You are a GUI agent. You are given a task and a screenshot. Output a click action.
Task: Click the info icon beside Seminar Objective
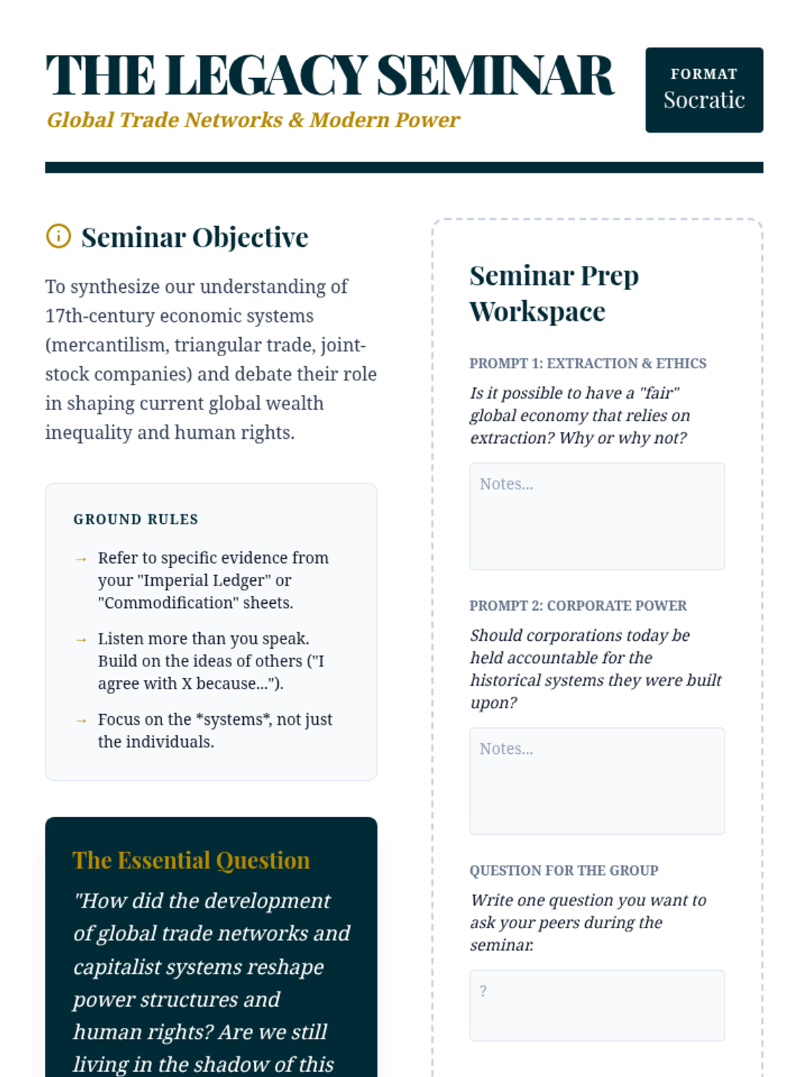coord(59,236)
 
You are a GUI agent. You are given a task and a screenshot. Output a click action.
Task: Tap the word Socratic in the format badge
coord(704,100)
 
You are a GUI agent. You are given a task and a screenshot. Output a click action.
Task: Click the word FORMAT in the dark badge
coord(704,73)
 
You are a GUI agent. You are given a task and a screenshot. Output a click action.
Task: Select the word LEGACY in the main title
coord(267,75)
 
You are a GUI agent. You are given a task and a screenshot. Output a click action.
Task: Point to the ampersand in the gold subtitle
coord(296,120)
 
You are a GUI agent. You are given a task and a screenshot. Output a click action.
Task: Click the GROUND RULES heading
coord(136,519)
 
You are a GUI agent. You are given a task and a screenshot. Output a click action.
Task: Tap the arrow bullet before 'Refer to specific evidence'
coord(81,559)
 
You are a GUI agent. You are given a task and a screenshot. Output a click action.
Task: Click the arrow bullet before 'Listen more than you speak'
coord(81,639)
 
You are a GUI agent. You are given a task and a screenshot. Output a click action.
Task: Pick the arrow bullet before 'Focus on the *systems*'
coord(81,720)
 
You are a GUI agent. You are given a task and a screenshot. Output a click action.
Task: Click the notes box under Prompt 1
coord(597,516)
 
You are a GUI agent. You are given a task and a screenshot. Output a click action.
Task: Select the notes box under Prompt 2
coord(597,780)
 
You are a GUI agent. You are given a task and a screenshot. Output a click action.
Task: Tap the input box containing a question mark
coord(597,1005)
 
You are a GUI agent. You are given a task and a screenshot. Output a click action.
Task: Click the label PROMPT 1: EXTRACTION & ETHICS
coord(587,363)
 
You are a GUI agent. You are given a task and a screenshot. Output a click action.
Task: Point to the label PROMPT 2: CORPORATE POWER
coord(578,606)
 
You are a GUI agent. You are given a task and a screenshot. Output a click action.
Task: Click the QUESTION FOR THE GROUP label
coord(564,870)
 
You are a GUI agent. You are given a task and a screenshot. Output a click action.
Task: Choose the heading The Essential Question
coord(191,860)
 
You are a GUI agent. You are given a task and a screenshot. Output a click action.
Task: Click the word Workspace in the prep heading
coord(537,312)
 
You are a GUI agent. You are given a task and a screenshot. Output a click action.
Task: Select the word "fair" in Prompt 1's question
coord(659,393)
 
